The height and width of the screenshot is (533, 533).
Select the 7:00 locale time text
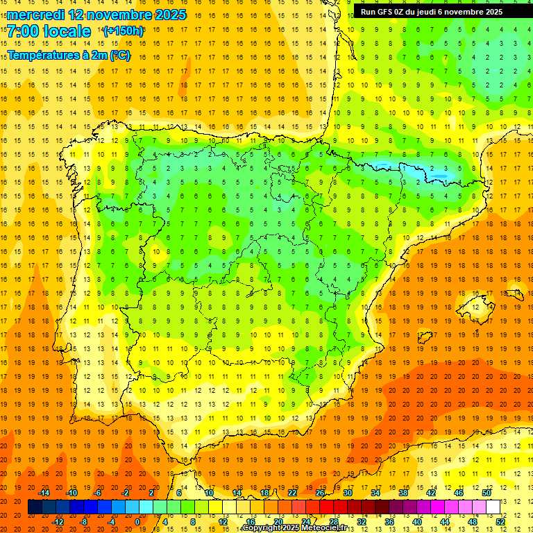49,31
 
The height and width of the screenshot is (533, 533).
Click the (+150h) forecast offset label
124,31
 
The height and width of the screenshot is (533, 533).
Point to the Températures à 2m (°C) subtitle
68,55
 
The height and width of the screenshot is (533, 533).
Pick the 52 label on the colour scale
500,522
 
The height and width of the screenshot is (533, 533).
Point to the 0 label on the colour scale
137,522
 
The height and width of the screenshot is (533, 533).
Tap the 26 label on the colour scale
320,493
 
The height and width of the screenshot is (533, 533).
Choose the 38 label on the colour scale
403,493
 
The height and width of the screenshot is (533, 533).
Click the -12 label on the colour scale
58,522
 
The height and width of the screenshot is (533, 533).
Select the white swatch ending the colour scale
493,507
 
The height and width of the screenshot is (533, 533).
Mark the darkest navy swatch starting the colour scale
35,507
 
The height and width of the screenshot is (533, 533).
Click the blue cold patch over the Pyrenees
416,169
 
